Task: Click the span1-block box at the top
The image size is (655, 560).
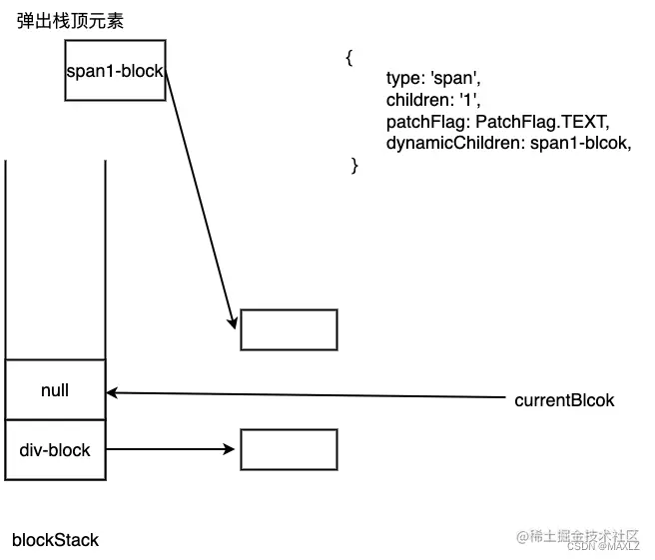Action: [x=115, y=71]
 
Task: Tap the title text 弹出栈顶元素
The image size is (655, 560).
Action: [x=71, y=21]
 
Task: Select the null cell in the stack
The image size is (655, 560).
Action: [x=55, y=390]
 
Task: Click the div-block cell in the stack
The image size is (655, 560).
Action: [x=55, y=450]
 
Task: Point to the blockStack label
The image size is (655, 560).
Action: [x=56, y=540]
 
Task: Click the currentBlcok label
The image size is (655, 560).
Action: [x=564, y=400]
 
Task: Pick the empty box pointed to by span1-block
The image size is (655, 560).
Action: [x=290, y=329]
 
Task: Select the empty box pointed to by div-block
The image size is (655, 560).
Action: [x=290, y=450]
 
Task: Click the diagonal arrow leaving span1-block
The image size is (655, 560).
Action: [x=200, y=200]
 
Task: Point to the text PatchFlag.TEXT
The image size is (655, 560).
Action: [x=542, y=122]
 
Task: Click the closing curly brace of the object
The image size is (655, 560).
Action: [x=354, y=166]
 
